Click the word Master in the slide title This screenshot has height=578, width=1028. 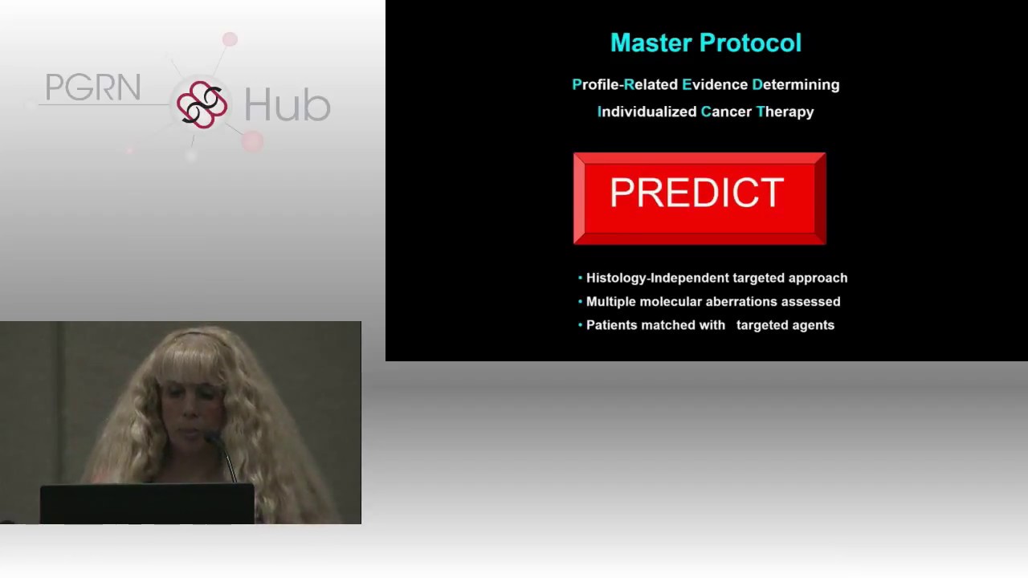(x=651, y=43)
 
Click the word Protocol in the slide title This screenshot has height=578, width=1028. (x=750, y=43)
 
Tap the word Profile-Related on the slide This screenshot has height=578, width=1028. (x=625, y=84)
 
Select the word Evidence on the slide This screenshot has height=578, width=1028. (x=715, y=84)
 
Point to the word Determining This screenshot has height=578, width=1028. (x=796, y=85)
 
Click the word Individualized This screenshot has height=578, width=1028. (x=647, y=112)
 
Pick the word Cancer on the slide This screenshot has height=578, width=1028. (x=726, y=112)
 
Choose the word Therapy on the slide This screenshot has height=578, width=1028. (x=785, y=112)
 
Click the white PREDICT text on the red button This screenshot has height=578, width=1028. (x=696, y=193)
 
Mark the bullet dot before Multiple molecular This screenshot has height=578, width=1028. (x=580, y=301)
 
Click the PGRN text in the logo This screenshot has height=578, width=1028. (x=93, y=88)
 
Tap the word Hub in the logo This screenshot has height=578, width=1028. (x=288, y=104)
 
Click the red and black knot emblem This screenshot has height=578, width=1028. (x=202, y=104)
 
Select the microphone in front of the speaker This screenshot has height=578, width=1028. (x=222, y=456)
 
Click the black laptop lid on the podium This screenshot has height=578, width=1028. (x=147, y=503)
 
